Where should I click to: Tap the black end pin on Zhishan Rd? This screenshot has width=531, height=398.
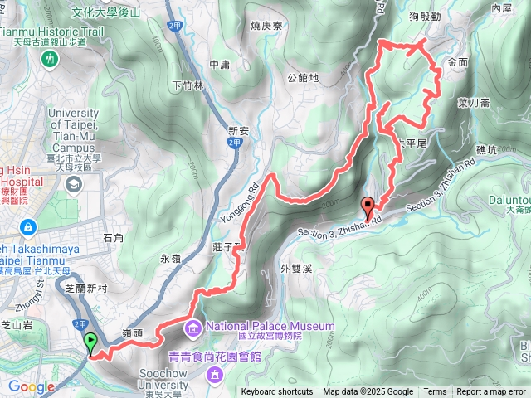pyautogui.click(x=368, y=206)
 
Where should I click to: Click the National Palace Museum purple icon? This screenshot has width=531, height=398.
pyautogui.click(x=193, y=326)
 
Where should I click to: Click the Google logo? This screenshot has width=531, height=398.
pyautogui.click(x=32, y=386)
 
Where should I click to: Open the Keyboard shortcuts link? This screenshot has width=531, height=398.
pyautogui.click(x=277, y=392)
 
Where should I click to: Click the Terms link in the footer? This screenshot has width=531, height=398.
pyautogui.click(x=435, y=392)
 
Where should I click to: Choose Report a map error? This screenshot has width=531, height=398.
pyautogui.click(x=491, y=392)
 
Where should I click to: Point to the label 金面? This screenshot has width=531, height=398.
pyautogui.click(x=458, y=62)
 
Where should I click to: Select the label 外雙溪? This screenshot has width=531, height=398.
pyautogui.click(x=295, y=268)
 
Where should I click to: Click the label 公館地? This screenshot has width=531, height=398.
pyautogui.click(x=303, y=78)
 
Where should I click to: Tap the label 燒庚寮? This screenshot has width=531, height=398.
pyautogui.click(x=266, y=26)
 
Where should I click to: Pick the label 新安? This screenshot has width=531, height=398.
pyautogui.click(x=238, y=130)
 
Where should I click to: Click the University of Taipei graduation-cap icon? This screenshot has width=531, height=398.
pyautogui.click(x=74, y=183)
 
